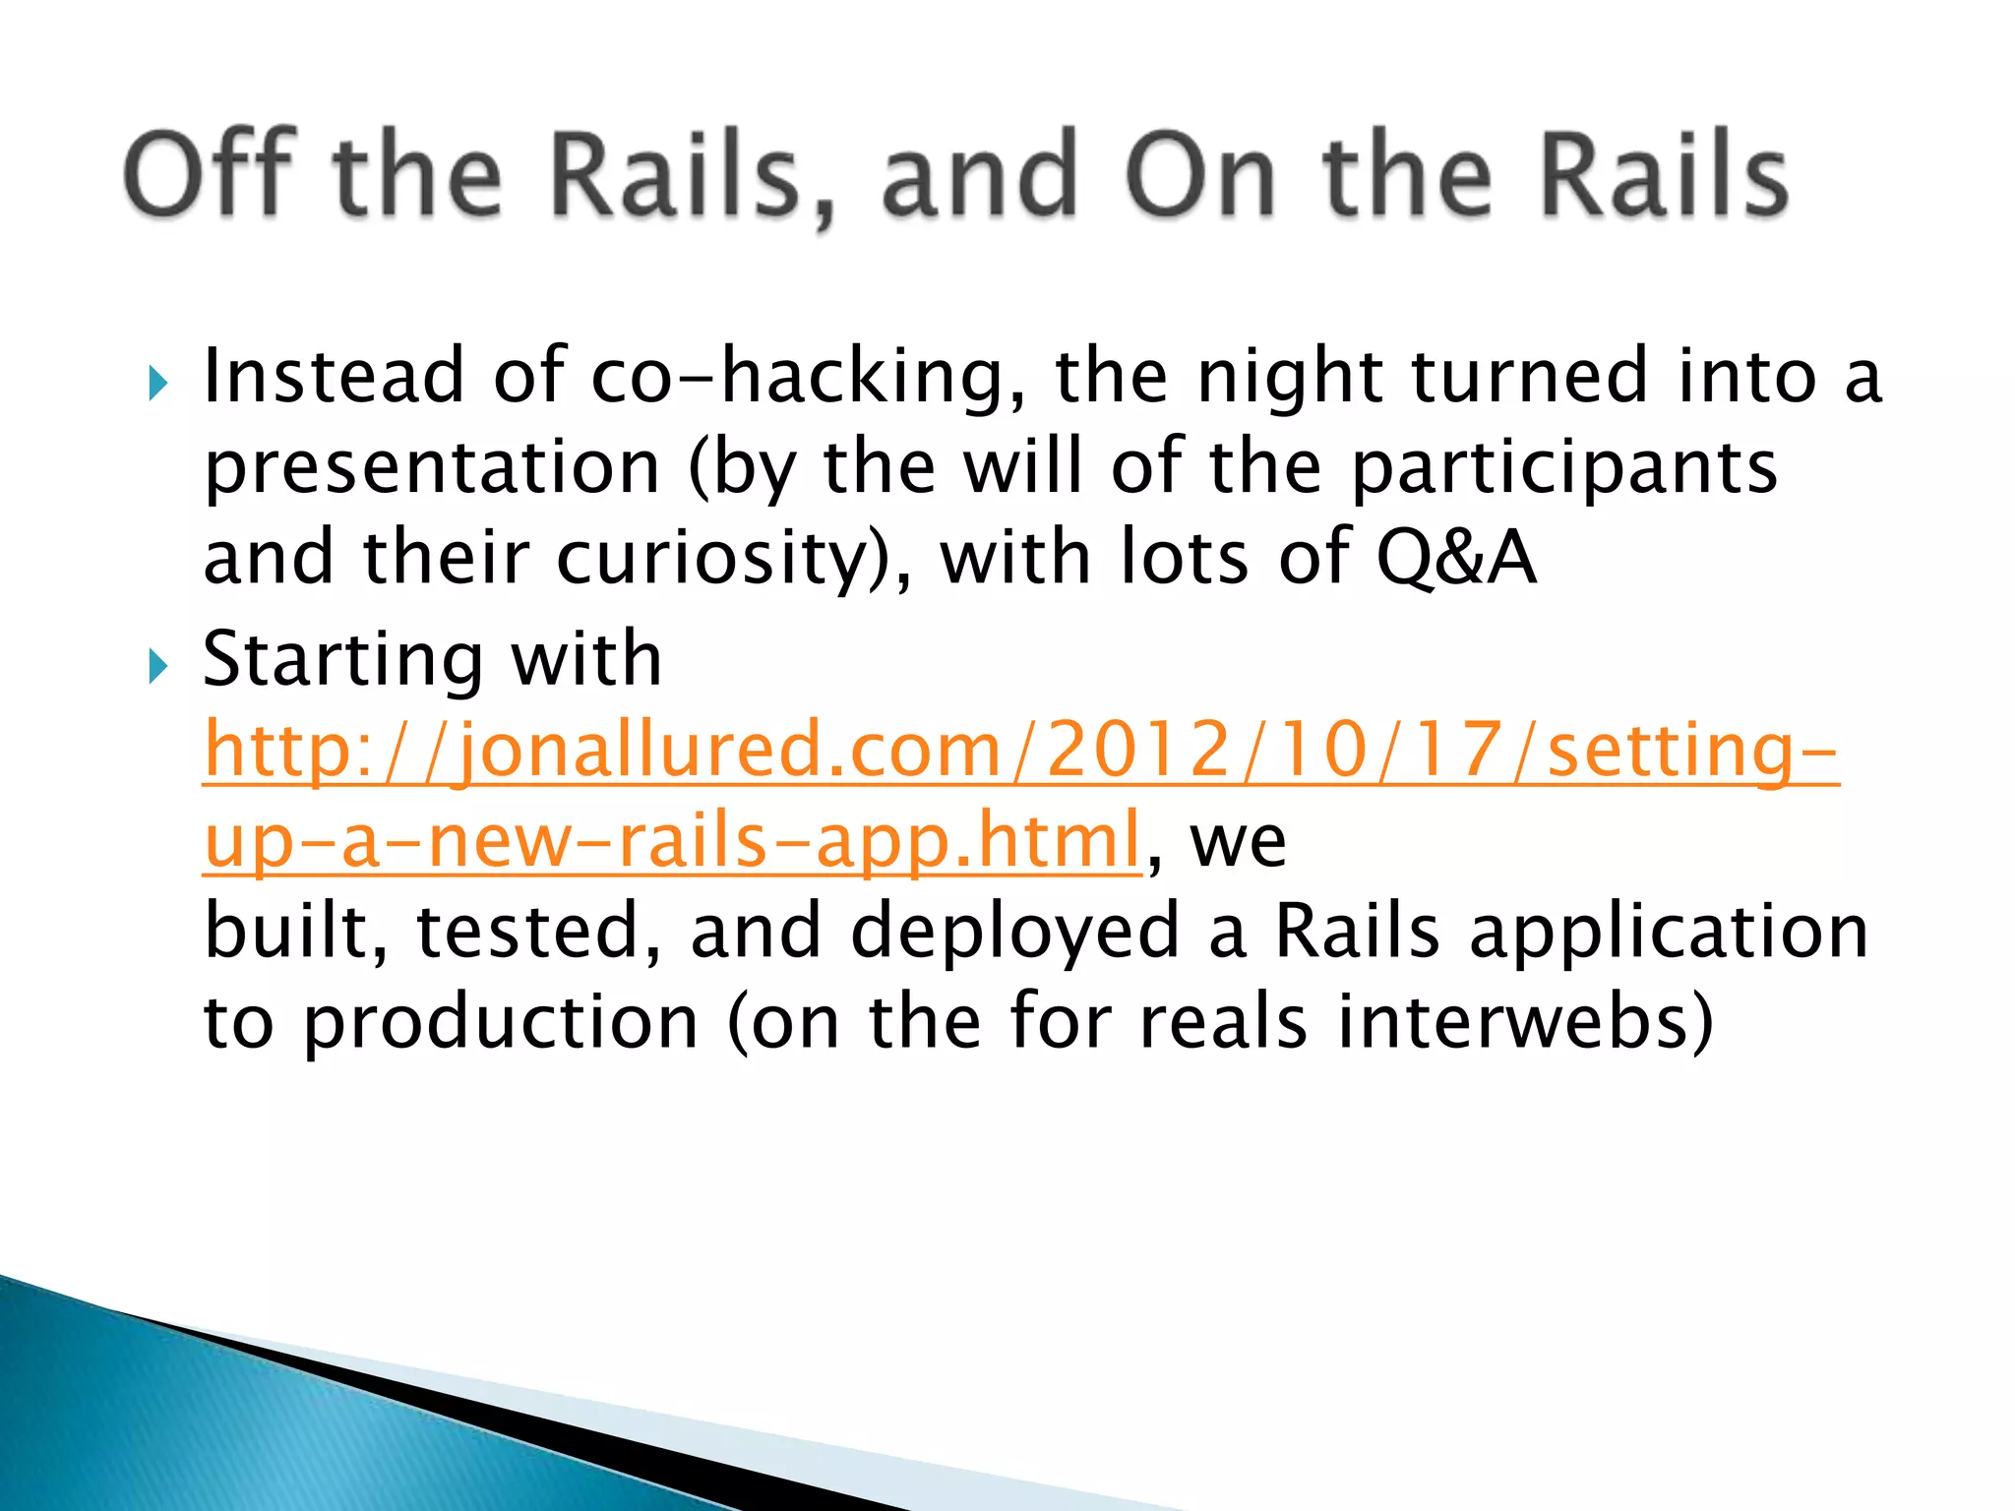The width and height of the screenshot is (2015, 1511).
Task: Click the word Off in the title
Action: point(210,174)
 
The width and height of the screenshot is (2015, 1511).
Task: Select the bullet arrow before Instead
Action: point(157,383)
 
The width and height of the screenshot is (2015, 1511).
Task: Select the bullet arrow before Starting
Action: point(157,666)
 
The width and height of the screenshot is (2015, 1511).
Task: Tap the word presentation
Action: point(431,469)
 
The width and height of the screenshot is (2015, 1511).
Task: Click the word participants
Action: point(1563,469)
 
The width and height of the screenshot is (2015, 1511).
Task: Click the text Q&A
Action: point(1455,559)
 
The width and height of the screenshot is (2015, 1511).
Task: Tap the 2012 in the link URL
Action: point(1139,751)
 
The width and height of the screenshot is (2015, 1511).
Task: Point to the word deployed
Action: point(1013,932)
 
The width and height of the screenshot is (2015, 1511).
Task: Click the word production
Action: point(501,1023)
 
